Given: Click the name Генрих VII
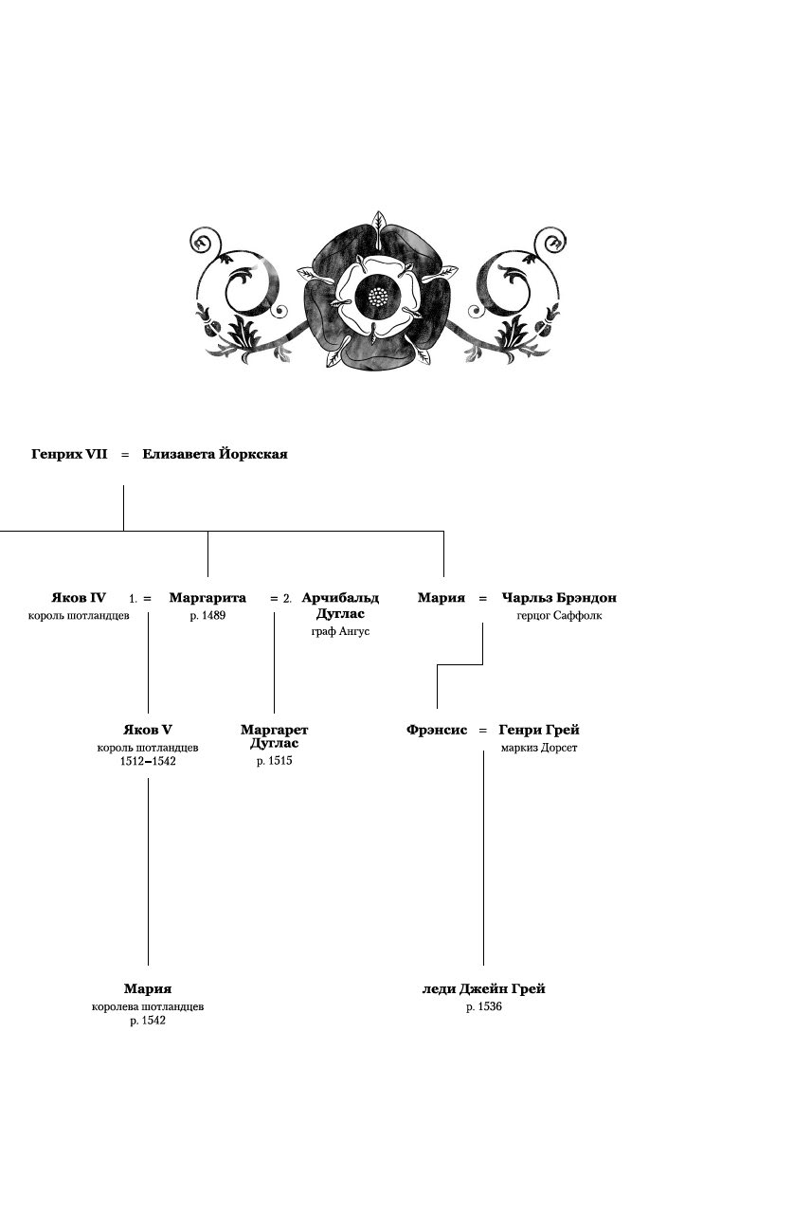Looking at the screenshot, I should [x=69, y=455].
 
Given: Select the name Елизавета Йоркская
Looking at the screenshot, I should [x=215, y=455].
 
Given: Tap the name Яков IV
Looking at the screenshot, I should [x=79, y=598].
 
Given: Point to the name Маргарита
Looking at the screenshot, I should [x=207, y=598].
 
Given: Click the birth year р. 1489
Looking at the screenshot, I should [x=207, y=616].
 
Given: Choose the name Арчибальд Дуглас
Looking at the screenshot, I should [x=340, y=606].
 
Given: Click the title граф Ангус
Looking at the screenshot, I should [x=340, y=631].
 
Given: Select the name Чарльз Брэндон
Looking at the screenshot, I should [x=559, y=598].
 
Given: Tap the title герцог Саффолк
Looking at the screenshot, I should [x=559, y=616].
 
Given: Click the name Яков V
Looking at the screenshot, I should [x=148, y=730].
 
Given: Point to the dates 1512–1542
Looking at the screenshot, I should [x=148, y=761].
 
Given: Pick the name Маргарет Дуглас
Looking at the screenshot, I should [x=275, y=736].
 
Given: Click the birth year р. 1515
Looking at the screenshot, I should [x=275, y=761].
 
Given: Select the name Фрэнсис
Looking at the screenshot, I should [x=437, y=730].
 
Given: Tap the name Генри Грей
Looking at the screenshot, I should [x=539, y=730].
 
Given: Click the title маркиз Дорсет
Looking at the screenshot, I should [x=539, y=748].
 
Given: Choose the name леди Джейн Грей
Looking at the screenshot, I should [x=483, y=989].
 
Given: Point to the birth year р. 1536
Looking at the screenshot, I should [x=483, y=1007].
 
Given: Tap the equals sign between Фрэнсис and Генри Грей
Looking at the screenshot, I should [x=482, y=731].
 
